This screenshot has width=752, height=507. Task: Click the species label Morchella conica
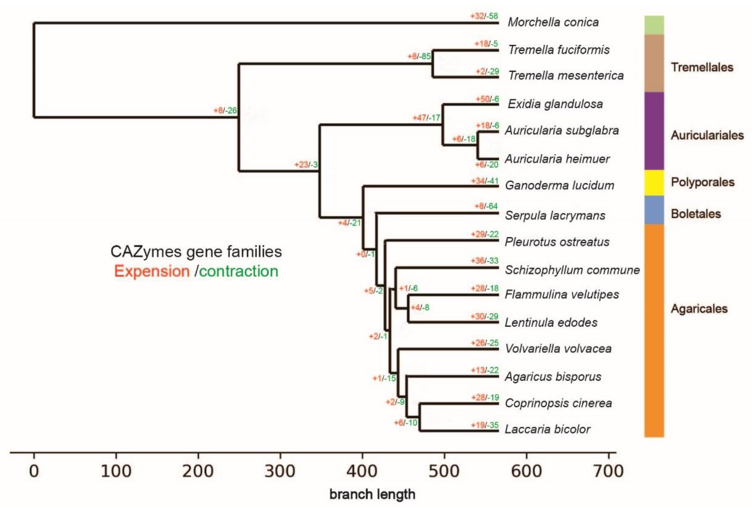point(553,22)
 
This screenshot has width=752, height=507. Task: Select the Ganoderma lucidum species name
point(559,186)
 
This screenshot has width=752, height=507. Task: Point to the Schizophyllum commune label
point(572,270)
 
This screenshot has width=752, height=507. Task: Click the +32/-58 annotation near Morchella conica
point(484,16)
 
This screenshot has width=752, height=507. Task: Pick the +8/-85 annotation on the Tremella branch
point(419,56)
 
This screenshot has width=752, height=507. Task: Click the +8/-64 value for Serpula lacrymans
point(486,206)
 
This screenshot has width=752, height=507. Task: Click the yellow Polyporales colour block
point(654,183)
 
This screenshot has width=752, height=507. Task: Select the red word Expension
point(152,271)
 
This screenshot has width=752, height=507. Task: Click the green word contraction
point(239,271)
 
